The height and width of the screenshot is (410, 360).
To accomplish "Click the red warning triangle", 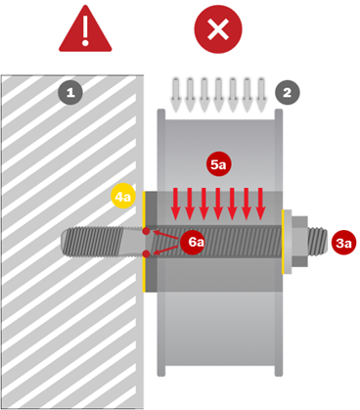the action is [x=85, y=32].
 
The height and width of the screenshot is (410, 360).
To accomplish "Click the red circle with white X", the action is [x=218, y=29].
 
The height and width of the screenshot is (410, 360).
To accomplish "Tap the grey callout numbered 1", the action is [x=70, y=93].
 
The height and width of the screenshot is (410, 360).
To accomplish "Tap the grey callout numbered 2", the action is [x=287, y=93].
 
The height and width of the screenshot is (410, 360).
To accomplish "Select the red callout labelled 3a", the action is [x=343, y=243].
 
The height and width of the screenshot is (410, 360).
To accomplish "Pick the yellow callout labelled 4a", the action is [x=122, y=197].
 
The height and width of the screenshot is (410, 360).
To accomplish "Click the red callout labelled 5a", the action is [x=218, y=164].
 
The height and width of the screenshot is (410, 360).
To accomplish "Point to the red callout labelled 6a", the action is [x=193, y=242].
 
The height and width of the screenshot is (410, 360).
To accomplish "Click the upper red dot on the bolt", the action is [x=146, y=231].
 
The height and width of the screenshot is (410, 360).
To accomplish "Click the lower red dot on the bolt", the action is [x=146, y=253].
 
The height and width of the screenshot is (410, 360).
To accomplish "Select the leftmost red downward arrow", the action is [x=175, y=204].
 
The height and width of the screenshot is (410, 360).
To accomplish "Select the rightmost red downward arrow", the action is [x=260, y=204].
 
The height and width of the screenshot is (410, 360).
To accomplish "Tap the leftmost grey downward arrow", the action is [x=176, y=95].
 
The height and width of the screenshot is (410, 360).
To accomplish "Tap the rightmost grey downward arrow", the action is [x=261, y=95].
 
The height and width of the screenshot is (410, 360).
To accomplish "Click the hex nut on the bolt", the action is [x=299, y=242].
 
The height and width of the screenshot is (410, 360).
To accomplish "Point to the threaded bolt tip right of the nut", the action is [x=317, y=241].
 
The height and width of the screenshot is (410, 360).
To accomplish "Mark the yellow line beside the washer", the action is [x=283, y=242].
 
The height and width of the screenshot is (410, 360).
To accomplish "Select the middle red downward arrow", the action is [x=218, y=204].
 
